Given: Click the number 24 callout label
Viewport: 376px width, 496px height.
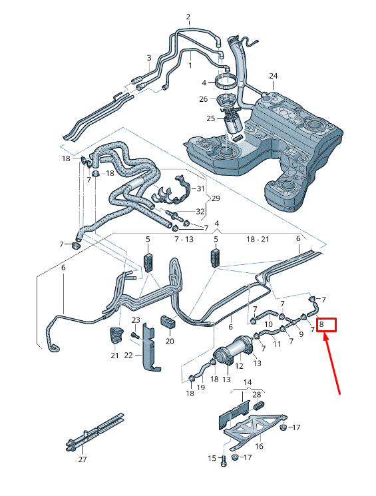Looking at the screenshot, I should [x=274, y=75].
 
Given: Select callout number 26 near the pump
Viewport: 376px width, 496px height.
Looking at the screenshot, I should [x=204, y=99].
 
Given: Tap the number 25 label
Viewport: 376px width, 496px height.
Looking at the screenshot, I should [x=210, y=119].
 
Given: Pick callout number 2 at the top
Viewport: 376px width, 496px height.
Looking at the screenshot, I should [x=188, y=17].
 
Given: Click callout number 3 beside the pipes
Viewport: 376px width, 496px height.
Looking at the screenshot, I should [x=148, y=57].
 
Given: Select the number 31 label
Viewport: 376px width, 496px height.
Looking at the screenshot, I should [x=200, y=189].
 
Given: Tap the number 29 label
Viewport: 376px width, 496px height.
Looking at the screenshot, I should [x=215, y=198].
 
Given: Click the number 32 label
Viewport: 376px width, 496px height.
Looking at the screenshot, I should [x=200, y=212].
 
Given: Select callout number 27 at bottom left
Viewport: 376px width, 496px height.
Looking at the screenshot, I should [x=83, y=459].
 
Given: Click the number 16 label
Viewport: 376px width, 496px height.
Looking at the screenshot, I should [x=260, y=446].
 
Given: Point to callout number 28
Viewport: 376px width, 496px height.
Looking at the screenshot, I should [x=257, y=395].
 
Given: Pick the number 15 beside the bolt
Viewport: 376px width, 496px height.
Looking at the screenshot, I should [x=212, y=458].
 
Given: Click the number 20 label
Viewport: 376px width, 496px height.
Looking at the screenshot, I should [x=169, y=341].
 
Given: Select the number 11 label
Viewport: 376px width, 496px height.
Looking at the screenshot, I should [x=277, y=344].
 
